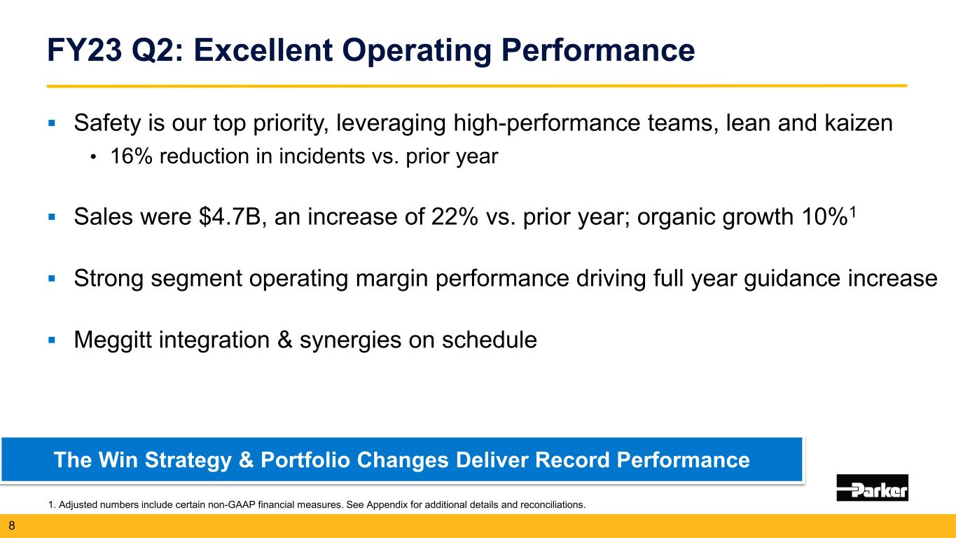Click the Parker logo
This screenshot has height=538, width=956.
pyautogui.click(x=872, y=488)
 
